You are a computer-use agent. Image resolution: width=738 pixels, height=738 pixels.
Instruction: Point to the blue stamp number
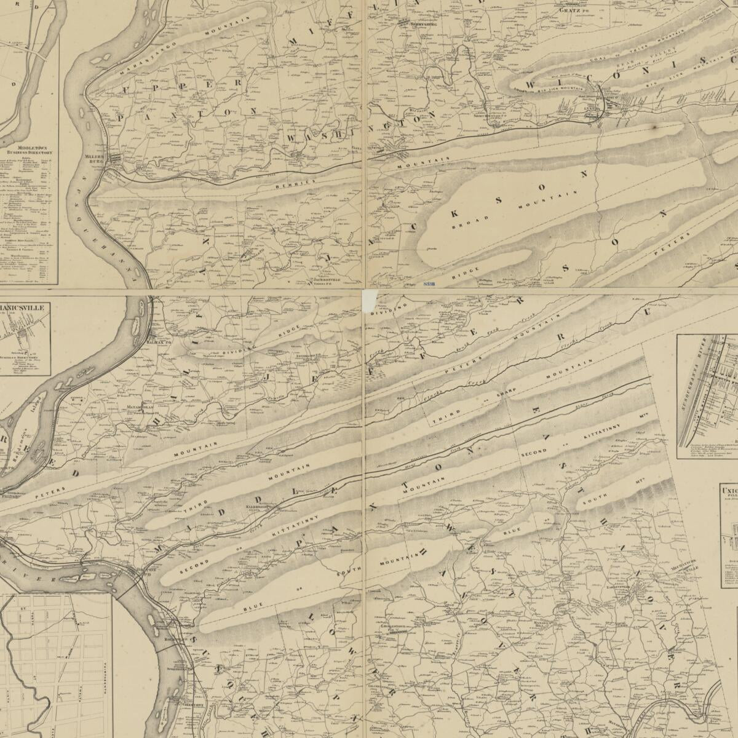tap(430, 284)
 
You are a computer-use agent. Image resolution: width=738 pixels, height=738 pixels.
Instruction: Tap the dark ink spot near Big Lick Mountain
tap(656, 127)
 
